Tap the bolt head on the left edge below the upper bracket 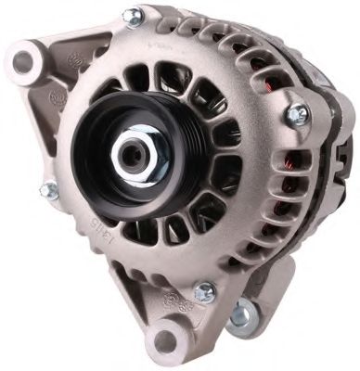[x=47, y=190]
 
